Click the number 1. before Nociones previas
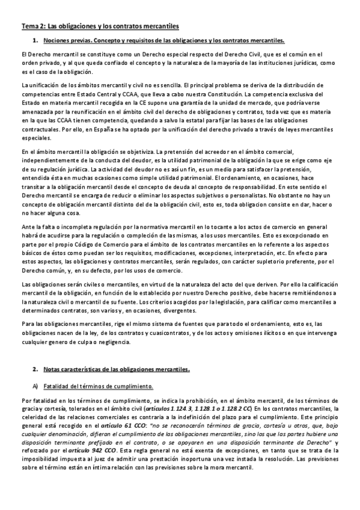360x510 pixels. click(x=35, y=40)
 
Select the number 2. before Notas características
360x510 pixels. click(x=35, y=369)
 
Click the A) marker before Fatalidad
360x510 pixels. click(x=35, y=384)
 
